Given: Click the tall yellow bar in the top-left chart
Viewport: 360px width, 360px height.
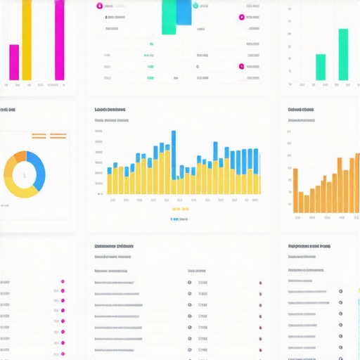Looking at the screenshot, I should coord(27,39).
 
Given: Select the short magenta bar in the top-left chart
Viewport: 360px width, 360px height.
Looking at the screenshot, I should coord(14,62).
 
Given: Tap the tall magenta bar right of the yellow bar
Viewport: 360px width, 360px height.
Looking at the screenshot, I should coord(60,39).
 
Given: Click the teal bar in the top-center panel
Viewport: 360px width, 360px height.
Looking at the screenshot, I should coord(169,17).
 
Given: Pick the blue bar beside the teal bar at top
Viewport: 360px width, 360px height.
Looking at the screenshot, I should coord(184,13).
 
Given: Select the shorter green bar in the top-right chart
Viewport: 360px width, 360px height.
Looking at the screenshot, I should coord(321,67).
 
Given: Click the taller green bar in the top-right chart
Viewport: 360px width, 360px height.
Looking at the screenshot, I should coord(343,54).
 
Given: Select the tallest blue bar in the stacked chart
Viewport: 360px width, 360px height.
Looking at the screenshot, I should coord(173,141).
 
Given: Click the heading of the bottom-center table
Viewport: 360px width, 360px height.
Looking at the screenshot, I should coord(114,247).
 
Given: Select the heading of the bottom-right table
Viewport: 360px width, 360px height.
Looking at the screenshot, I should coord(309,247).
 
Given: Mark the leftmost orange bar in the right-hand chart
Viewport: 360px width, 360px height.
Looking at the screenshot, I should coord(295,190).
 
